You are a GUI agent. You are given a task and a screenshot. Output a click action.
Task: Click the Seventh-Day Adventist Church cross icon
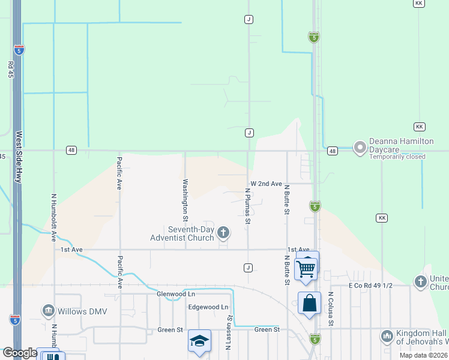223,232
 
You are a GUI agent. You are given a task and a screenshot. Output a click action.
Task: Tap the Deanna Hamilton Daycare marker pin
360,148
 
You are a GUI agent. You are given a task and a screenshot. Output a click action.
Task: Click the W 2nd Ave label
266,184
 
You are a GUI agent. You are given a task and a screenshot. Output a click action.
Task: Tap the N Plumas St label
247,206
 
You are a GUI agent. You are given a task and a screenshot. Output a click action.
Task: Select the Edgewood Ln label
208,307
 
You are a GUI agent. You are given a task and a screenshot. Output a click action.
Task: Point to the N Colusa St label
330,310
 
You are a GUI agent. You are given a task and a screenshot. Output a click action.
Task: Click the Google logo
19,353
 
